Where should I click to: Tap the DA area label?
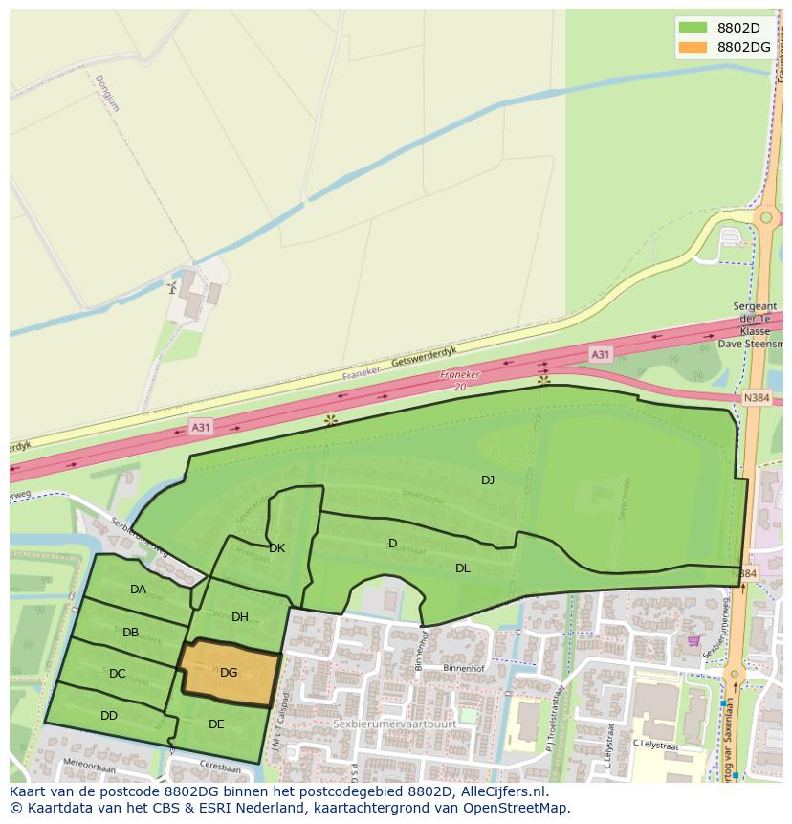(x=139, y=590)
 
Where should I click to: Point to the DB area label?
(x=131, y=632)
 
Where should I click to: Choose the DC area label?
(x=118, y=674)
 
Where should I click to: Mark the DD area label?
(x=109, y=715)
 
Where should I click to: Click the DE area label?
(x=216, y=724)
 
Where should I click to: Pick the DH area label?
(x=240, y=617)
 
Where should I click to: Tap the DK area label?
(x=277, y=548)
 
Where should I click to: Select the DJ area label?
(x=488, y=479)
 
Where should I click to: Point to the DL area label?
(x=463, y=568)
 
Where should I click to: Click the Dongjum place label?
(x=107, y=93)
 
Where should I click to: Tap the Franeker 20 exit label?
(x=459, y=380)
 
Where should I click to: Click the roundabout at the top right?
(x=764, y=217)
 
